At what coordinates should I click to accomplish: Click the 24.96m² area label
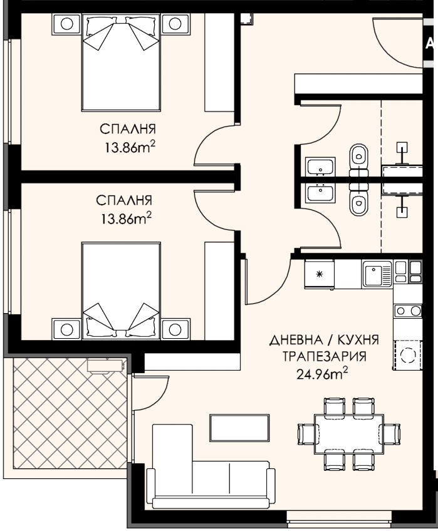pos(322,374)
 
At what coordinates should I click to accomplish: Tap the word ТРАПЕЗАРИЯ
pos(325,356)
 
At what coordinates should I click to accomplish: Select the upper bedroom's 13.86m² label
pos(130,147)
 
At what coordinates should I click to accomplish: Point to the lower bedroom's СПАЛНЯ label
pos(124,200)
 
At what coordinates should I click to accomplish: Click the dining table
pos(348,434)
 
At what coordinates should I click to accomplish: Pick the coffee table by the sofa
pos(240,428)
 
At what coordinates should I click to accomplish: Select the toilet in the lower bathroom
pos(358,200)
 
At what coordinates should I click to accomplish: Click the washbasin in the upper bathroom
pos(320,167)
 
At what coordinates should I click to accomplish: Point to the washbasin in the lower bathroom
pos(320,194)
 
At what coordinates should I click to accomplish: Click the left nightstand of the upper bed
pos(67,24)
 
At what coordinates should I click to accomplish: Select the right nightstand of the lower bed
pos(175,329)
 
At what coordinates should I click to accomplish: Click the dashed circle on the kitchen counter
pos(408,354)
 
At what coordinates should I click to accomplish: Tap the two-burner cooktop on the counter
pos(408,311)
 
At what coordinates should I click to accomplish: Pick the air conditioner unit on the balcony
pos(105,366)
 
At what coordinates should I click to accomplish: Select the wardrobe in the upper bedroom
pos(219,63)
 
